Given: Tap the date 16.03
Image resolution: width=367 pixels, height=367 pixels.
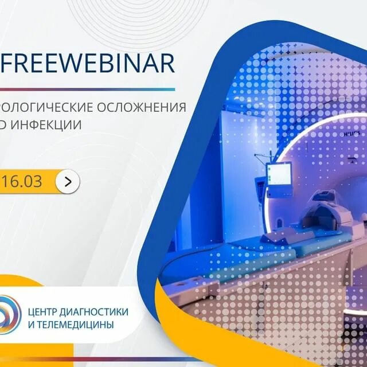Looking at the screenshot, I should pos(24,182).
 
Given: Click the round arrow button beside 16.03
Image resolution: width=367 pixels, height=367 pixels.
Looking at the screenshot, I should pos(68,182).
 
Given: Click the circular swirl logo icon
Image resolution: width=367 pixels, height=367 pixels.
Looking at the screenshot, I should pos(12,318).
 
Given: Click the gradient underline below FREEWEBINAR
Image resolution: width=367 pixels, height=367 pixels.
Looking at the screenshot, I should pos(86,89).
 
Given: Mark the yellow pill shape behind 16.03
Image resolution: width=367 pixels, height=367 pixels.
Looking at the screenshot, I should pos(34,182).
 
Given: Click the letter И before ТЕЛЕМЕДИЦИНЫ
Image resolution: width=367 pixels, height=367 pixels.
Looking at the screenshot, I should pos(30,324).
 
